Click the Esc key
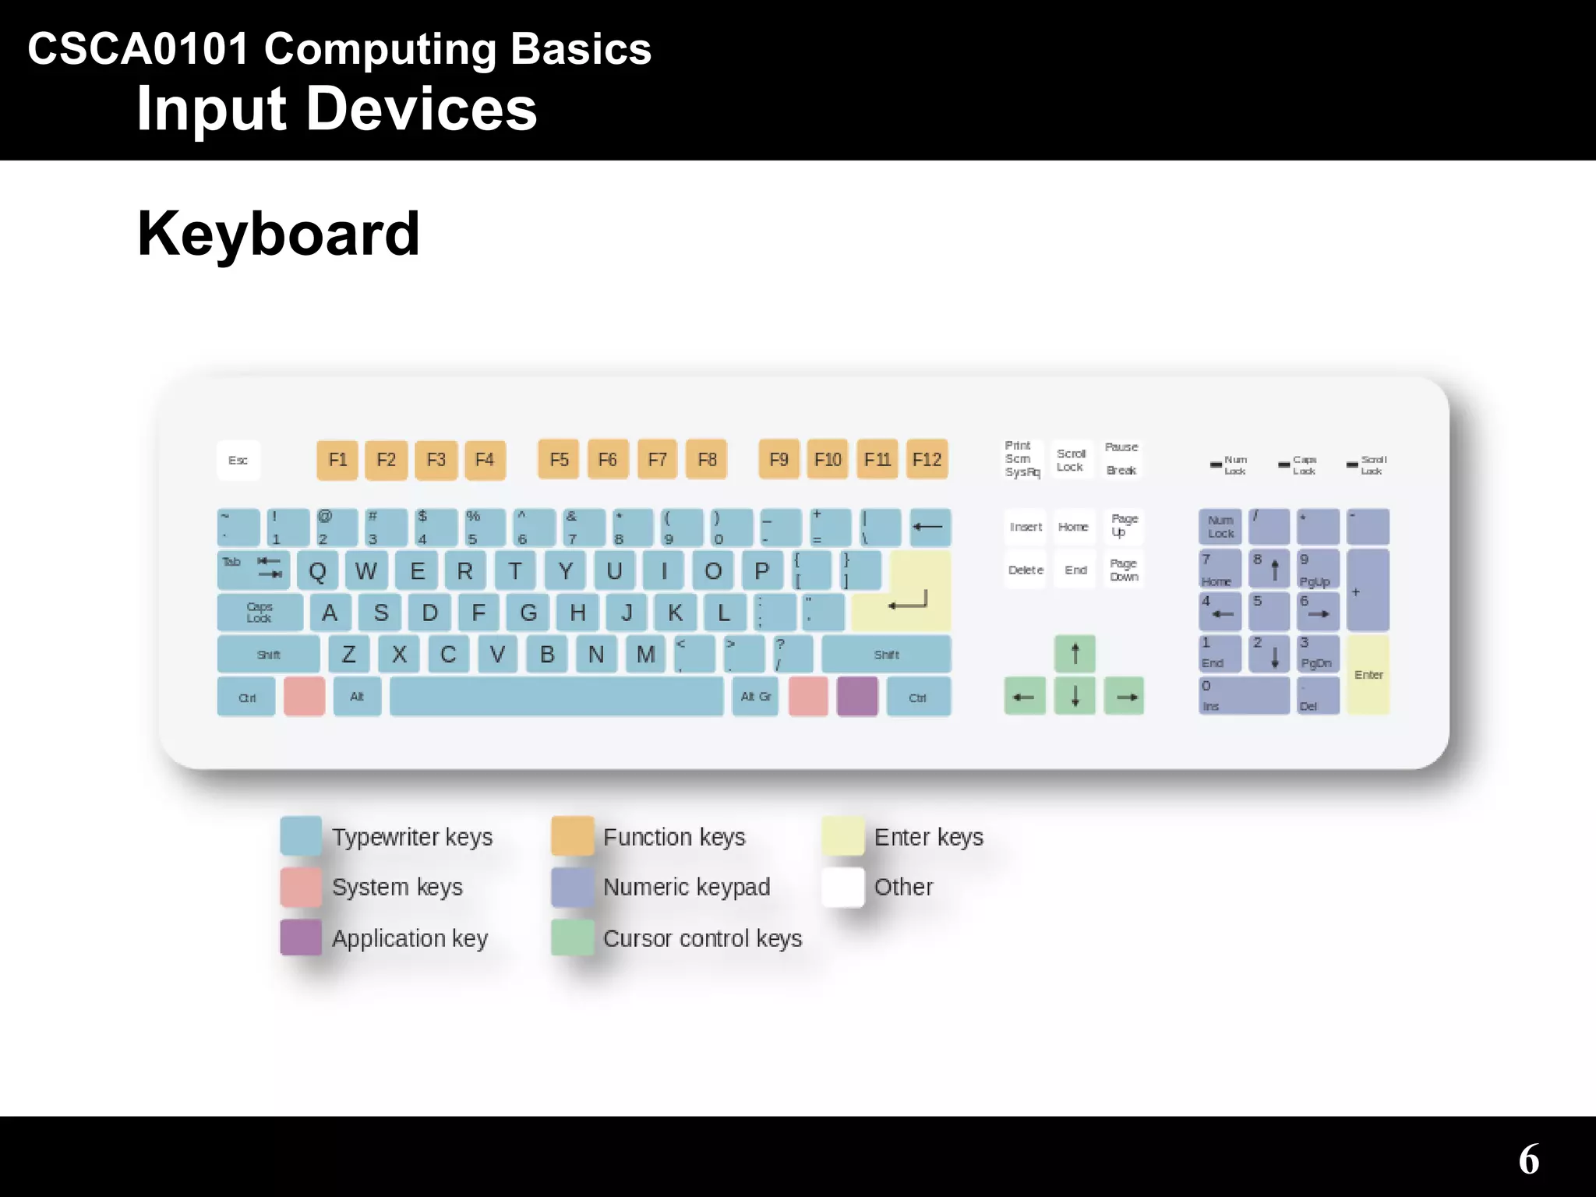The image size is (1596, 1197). [x=238, y=460]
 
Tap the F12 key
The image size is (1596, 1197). [x=927, y=459]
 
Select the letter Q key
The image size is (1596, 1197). [x=317, y=571]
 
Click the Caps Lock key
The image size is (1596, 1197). [x=260, y=613]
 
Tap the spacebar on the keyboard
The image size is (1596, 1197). [x=556, y=696]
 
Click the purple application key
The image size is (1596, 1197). [x=857, y=696]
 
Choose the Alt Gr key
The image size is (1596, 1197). [x=755, y=696]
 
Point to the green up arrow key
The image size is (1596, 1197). [x=1075, y=653]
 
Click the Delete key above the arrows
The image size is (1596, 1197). [x=1026, y=570]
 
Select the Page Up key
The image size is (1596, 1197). [x=1123, y=526]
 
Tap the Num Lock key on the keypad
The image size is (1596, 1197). [x=1220, y=527]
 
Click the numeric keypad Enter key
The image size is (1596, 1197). [x=1368, y=675]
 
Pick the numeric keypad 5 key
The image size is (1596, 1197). [x=1269, y=612]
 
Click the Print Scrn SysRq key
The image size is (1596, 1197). [x=1022, y=459]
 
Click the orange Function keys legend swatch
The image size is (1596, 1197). [x=572, y=836]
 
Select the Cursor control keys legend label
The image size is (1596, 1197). [x=702, y=938]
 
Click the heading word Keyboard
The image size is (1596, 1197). [x=278, y=234]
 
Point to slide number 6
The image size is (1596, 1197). [x=1528, y=1159]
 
